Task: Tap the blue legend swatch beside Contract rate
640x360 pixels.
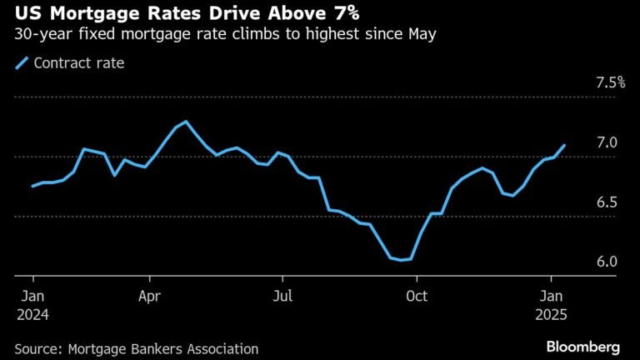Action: (22, 62)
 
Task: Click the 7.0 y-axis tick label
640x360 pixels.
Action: (606, 142)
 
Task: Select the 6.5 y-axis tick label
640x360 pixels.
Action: (606, 202)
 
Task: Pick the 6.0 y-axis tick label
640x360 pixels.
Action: (606, 262)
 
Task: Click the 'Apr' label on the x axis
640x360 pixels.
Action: (150, 295)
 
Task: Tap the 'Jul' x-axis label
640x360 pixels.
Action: (282, 295)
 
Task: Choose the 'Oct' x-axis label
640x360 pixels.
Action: (416, 295)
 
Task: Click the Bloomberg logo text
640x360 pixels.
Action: (582, 346)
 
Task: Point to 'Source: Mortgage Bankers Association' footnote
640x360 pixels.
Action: (137, 349)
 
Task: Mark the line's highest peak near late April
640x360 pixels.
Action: (186, 122)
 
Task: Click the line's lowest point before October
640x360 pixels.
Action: (401, 260)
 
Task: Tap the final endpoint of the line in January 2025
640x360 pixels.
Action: (565, 145)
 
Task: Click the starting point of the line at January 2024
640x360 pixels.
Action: (32, 186)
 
